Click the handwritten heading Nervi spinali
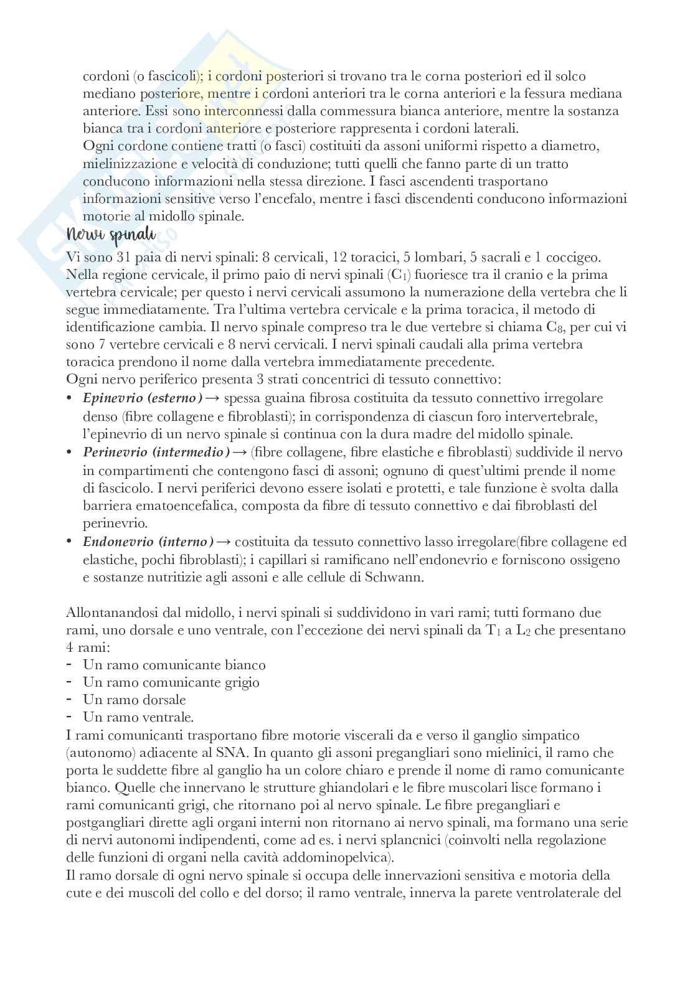coord(112,237)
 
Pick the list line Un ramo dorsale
coord(135,700)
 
